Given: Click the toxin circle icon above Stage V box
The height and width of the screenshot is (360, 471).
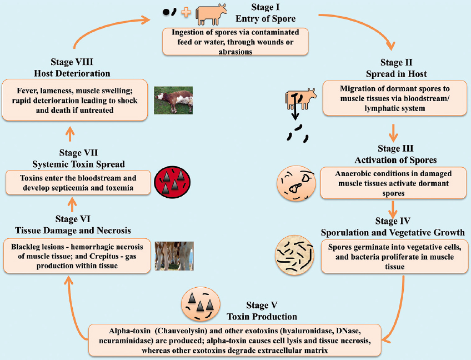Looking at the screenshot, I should point(199,305).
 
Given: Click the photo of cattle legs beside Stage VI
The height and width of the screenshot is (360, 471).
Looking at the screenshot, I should point(174,256).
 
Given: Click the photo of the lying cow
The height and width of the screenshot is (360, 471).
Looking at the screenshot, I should point(173,100).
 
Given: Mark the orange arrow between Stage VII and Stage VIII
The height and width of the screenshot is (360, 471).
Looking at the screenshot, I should point(70,133).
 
